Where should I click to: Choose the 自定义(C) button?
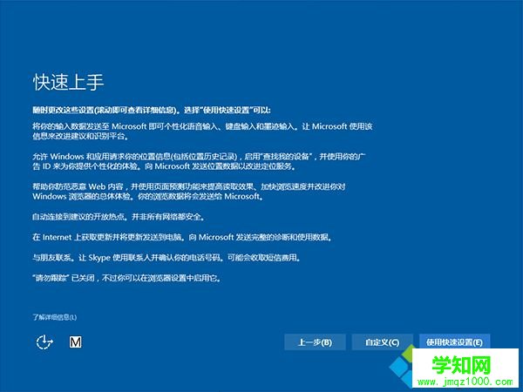pos(383,341)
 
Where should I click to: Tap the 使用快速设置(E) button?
pos(454,341)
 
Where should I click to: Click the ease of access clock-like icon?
pos(44,341)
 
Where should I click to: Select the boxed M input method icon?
pos(75,341)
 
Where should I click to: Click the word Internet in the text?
pos(58,237)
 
